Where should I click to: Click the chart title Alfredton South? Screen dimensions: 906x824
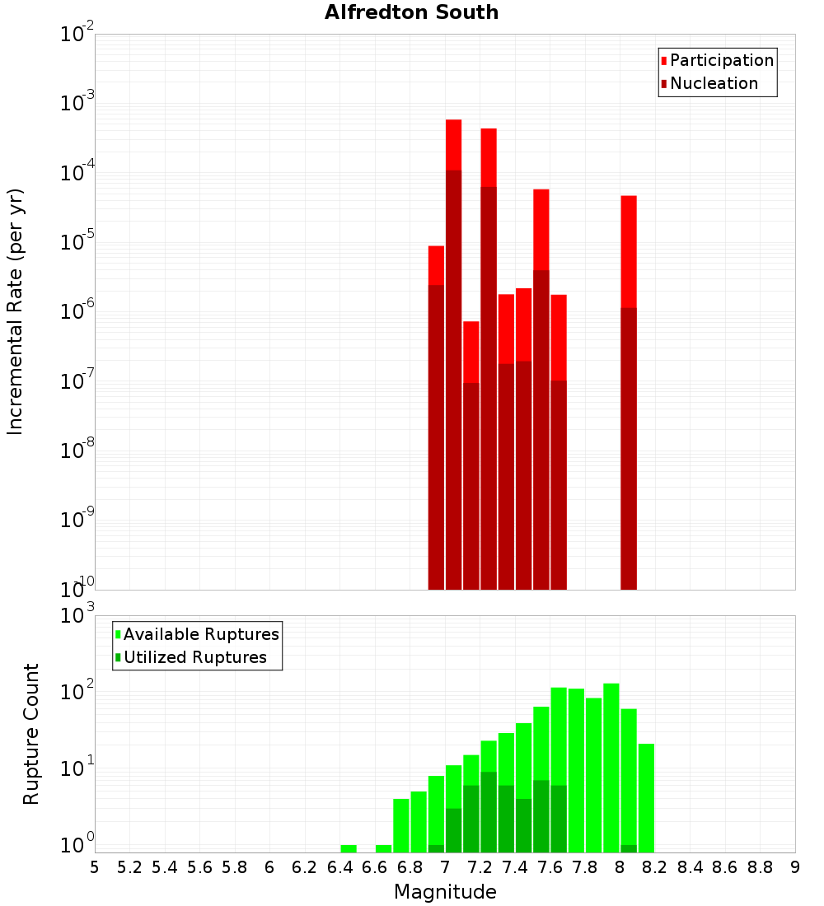point(411,12)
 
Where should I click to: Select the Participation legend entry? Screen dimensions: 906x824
point(721,60)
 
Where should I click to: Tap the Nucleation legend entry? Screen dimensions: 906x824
point(713,83)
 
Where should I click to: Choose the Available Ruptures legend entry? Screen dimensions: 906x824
point(200,634)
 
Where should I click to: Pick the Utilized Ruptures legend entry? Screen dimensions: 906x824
point(194,657)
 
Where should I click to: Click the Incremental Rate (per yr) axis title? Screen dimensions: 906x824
point(15,311)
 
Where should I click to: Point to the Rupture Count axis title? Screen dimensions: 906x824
point(31,734)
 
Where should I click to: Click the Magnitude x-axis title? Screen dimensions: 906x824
point(445,892)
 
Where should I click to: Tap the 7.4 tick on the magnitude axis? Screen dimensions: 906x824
point(515,867)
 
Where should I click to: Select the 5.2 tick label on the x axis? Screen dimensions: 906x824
point(130,867)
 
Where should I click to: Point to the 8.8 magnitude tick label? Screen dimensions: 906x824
point(760,867)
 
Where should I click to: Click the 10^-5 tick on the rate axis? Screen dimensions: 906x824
point(77,242)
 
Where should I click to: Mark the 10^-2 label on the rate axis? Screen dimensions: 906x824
point(77,35)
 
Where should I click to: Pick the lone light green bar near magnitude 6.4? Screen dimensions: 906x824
point(349,848)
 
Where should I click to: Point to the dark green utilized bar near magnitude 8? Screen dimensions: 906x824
point(629,848)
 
